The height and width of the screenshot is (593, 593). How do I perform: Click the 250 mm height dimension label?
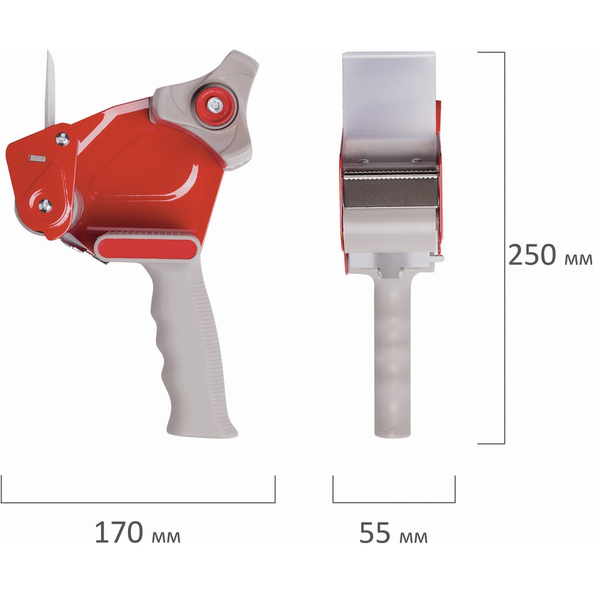tap(550, 255)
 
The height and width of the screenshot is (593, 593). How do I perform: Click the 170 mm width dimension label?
tap(138, 533)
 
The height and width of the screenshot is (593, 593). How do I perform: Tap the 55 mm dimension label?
tap(393, 533)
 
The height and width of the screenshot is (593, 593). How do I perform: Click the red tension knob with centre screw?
tap(215, 105)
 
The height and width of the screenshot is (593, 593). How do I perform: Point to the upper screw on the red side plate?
tap(62, 139)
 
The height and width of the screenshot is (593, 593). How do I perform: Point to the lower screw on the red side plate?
tap(46, 205)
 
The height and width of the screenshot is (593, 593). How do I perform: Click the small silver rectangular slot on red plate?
tap(37, 158)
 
